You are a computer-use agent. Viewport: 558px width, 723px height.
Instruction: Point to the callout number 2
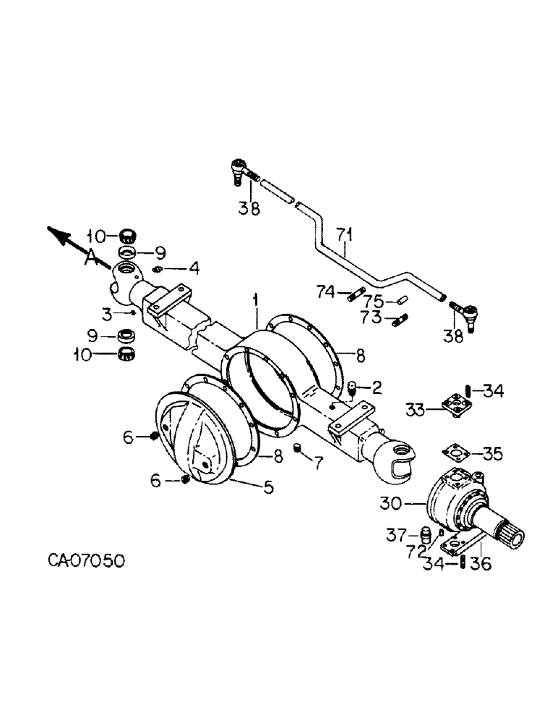coord(377,388)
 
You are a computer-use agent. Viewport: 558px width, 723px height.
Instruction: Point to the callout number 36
coord(481,564)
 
